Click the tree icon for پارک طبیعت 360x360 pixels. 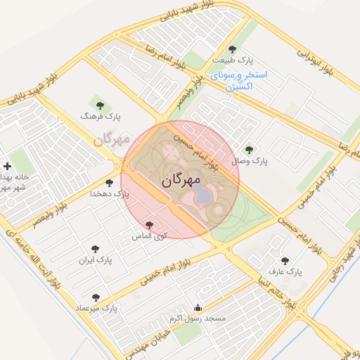[x=233, y=49]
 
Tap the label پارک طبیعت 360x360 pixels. [x=233, y=60]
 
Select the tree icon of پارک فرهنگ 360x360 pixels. [x=97, y=103]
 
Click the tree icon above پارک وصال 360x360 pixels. [x=248, y=149]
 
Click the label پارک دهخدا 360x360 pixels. [x=110, y=193]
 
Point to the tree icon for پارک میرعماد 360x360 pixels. [x=96, y=297]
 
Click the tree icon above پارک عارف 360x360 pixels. [x=285, y=259]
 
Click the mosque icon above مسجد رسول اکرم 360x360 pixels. [x=198, y=307]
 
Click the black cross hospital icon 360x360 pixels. [x=7, y=167]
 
